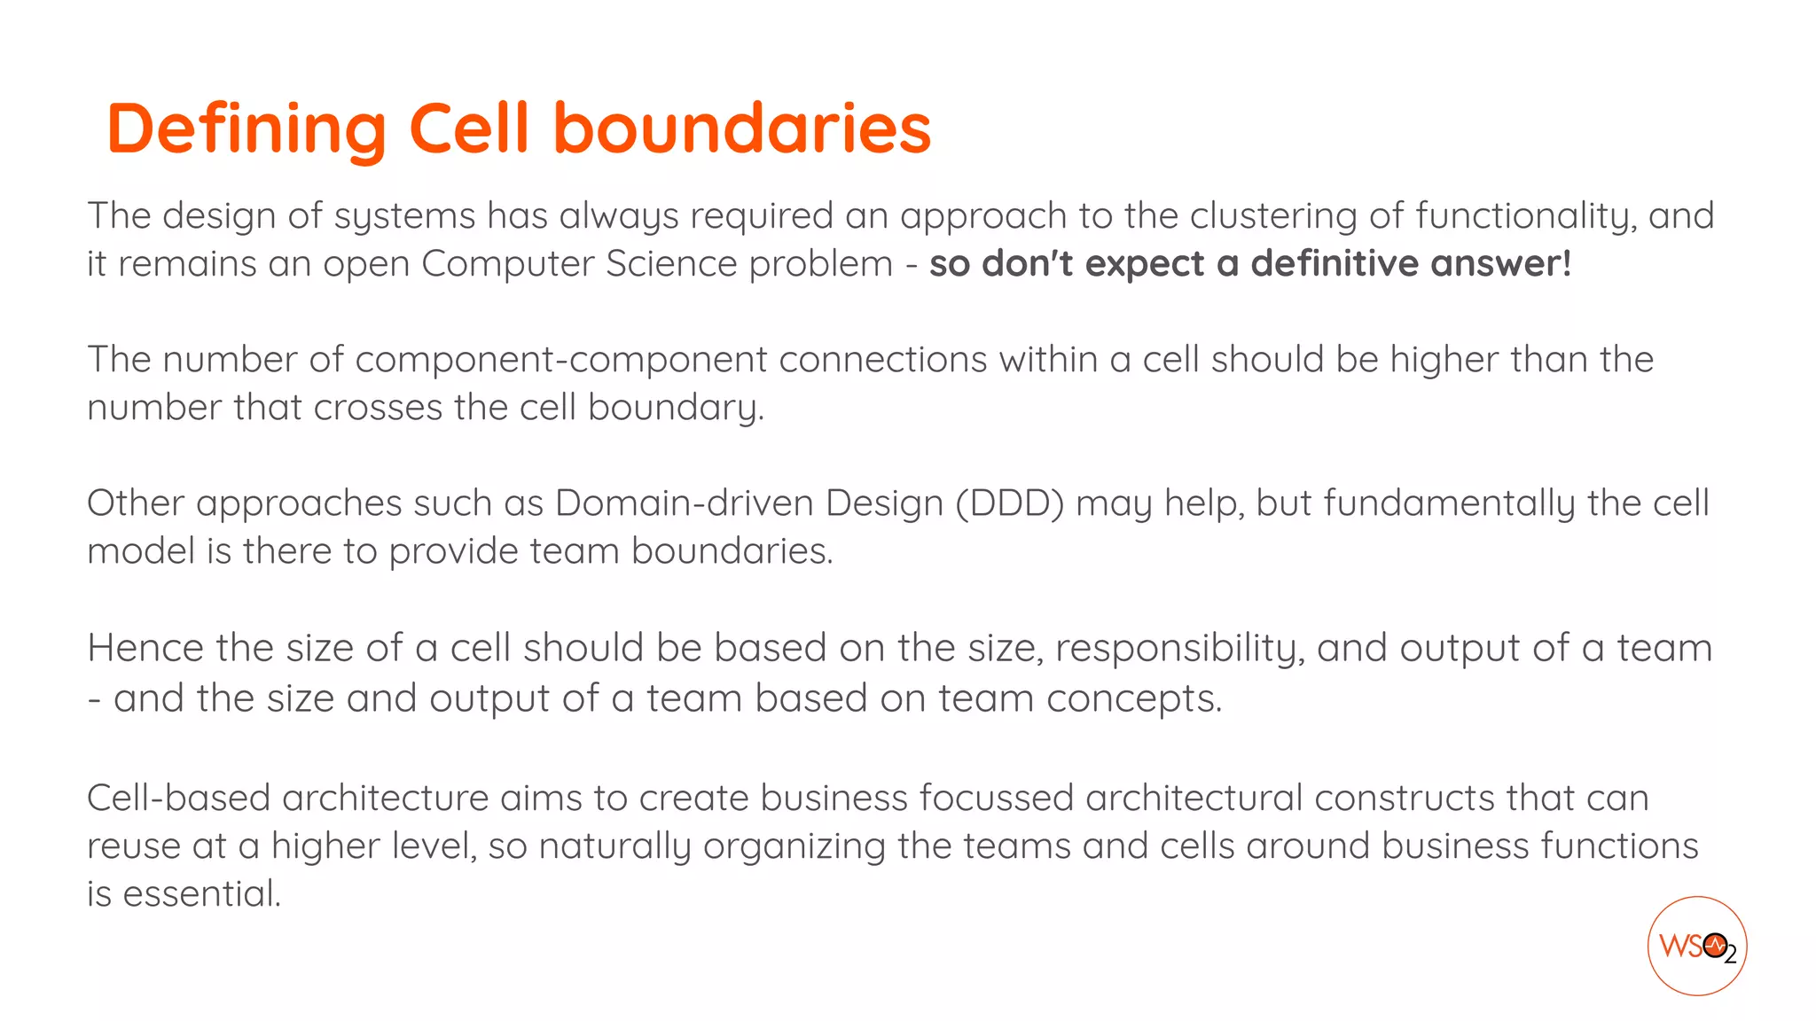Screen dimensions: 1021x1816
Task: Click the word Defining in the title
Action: click(247, 129)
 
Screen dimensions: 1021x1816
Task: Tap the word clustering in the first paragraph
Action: click(1272, 216)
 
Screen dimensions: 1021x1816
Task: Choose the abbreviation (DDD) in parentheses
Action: click(1009, 503)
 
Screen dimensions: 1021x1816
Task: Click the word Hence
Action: click(145, 648)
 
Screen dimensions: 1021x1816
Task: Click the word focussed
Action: click(997, 798)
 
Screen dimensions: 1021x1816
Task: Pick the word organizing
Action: click(794, 846)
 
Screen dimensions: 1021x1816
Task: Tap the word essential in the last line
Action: click(201, 893)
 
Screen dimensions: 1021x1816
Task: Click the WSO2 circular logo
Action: click(1696, 946)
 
